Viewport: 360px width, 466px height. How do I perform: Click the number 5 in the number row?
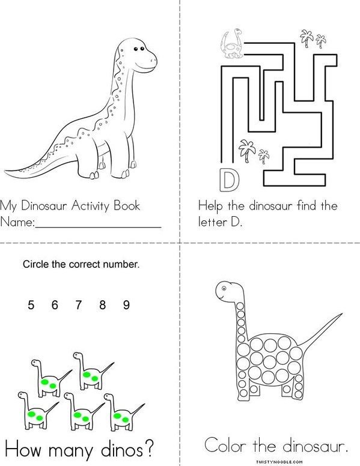click(31, 305)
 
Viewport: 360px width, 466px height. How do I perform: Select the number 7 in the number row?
click(79, 305)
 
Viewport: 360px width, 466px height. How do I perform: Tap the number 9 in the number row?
click(126, 305)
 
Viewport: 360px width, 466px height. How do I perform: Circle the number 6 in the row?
click(55, 305)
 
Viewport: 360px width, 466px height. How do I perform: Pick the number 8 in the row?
click(103, 305)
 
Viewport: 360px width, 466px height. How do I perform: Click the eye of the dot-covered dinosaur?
click(224, 288)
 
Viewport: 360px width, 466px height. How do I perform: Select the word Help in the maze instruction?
click(210, 207)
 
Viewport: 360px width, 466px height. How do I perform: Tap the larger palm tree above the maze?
click(307, 38)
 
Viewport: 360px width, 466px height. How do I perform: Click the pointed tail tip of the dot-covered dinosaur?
click(341, 314)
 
